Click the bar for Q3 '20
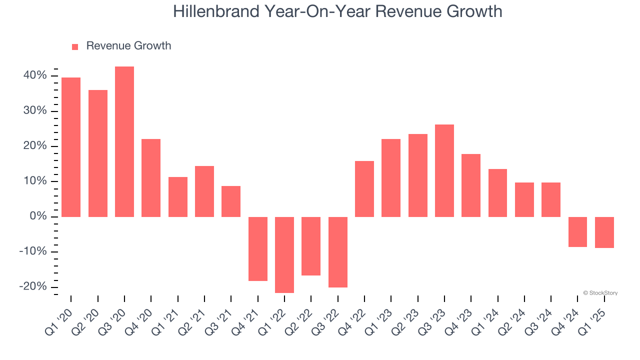124,141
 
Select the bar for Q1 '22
284,254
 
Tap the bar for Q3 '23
444,170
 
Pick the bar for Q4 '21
258,248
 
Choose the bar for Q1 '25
604,232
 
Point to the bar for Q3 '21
231,201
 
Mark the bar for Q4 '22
364,188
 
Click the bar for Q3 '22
338,252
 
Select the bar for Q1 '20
71,147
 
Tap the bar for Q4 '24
577,231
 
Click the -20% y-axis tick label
33,286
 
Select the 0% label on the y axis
39,216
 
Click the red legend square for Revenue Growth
75,47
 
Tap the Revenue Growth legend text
128,46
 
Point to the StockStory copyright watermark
600,293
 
